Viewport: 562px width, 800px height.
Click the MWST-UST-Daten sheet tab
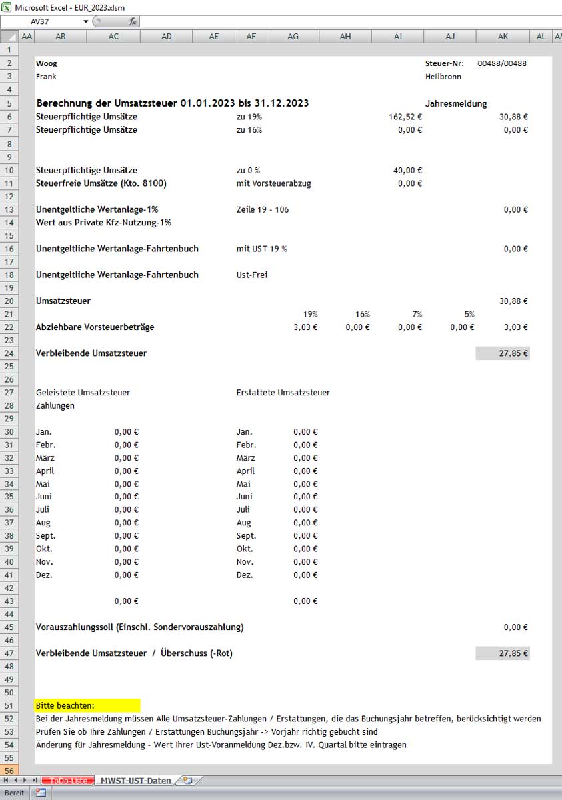point(135,780)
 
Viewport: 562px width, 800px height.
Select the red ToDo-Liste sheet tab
point(69,780)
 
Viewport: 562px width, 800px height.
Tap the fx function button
point(133,21)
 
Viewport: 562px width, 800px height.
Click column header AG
point(293,37)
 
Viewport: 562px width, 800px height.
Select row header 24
point(9,353)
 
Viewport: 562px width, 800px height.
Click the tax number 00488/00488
point(502,63)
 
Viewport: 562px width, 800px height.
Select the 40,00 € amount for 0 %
point(407,171)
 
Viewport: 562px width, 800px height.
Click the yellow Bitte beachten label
point(65,705)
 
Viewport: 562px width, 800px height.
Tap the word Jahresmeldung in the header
point(456,103)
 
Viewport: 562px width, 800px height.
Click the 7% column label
point(413,314)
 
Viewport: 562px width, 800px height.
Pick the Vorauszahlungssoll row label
point(139,627)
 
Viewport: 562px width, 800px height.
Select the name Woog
point(47,63)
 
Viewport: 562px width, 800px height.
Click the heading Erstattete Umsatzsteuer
point(283,393)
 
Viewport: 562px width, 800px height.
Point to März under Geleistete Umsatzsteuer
point(45,458)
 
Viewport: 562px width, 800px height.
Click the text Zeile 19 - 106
point(263,209)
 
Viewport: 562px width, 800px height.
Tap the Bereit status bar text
point(15,793)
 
